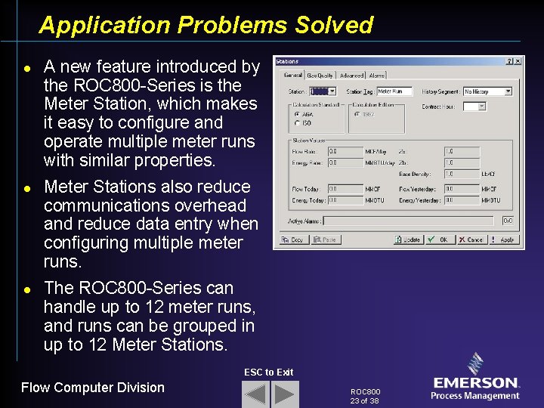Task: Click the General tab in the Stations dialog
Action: tap(292, 75)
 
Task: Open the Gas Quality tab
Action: tap(320, 75)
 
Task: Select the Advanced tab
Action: tap(351, 75)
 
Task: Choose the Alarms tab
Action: tap(377, 75)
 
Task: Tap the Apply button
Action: tap(503, 240)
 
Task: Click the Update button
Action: tap(408, 240)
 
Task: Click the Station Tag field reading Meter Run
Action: tap(394, 91)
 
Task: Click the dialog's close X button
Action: tap(518, 61)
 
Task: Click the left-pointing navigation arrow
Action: tap(255, 394)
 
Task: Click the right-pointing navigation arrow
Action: tap(286, 394)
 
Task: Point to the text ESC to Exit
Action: tap(268, 372)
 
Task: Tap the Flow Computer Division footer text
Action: tap(92, 388)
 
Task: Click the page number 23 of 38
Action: tap(365, 400)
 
